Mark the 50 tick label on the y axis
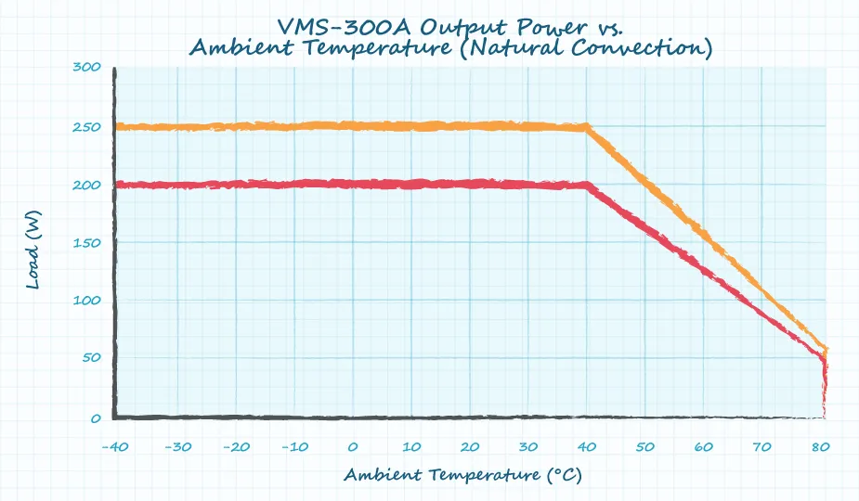pyautogui.click(x=90, y=360)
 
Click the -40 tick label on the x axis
pyautogui.click(x=117, y=447)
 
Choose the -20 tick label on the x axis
pyautogui.click(x=234, y=447)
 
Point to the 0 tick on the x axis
pyautogui.click(x=353, y=447)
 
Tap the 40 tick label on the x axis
pyautogui.click(x=587, y=447)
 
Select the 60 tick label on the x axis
pyautogui.click(x=704, y=447)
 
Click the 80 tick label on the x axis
pyautogui.click(x=821, y=447)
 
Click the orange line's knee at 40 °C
pyautogui.click(x=587, y=127)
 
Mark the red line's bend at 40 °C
pyautogui.click(x=587, y=186)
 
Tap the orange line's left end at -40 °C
pyautogui.click(x=117, y=127)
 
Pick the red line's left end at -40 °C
pyautogui.click(x=117, y=186)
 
